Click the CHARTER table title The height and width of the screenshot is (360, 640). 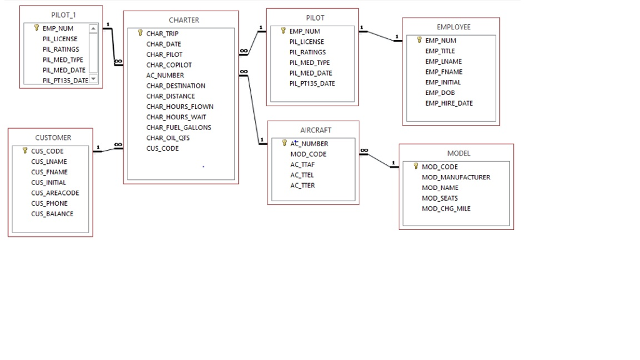coord(184,20)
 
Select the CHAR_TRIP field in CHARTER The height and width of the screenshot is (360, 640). coord(162,34)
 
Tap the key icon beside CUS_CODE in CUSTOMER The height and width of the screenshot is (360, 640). coord(25,151)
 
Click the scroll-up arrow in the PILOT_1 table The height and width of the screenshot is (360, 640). coord(93,29)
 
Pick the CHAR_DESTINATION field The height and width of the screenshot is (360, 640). coord(176,86)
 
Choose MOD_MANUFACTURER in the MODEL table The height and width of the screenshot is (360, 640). coord(456,177)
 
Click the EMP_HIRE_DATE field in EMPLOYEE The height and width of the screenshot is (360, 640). coord(449,103)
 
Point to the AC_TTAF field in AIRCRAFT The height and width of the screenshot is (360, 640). coord(302,164)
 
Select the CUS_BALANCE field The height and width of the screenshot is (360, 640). coord(52,214)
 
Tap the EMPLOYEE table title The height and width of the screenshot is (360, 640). coord(453,27)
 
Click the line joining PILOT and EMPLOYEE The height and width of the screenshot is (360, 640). coord(378,34)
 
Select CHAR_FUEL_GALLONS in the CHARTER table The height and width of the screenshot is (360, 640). coord(179,127)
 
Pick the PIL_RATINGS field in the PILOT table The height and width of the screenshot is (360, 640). coord(307,52)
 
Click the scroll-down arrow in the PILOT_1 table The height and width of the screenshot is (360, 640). coord(93,79)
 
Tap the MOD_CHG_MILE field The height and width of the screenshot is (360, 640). coord(446,209)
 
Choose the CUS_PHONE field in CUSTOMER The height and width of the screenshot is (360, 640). coord(49,203)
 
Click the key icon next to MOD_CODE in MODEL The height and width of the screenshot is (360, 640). coord(416,166)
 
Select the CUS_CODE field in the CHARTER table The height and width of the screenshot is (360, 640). coord(162,148)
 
